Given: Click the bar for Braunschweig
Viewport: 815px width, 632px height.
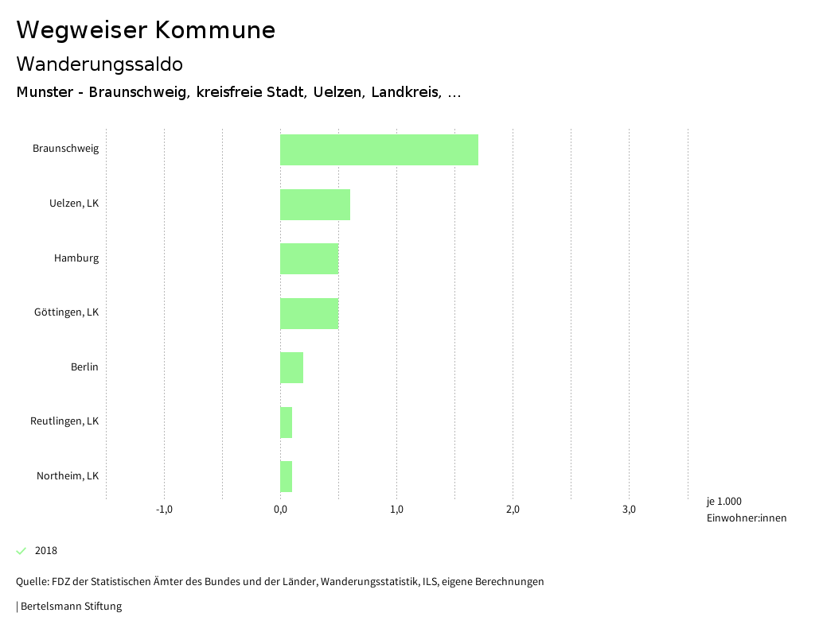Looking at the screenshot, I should point(379,149).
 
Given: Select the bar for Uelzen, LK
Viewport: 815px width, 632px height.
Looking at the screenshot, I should point(315,204).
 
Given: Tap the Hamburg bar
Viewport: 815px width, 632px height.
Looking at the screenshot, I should point(309,259).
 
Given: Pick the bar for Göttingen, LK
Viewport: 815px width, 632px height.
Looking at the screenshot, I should point(309,313).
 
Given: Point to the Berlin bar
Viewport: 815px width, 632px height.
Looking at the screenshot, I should point(291,367).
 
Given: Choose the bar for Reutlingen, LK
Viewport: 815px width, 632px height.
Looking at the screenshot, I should point(286,422).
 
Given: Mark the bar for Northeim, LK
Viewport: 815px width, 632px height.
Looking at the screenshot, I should point(286,476).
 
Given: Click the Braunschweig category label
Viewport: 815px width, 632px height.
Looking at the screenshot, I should point(65,149).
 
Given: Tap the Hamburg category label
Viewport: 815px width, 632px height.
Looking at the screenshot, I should point(76,258).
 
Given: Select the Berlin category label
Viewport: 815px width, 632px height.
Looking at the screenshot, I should point(84,367).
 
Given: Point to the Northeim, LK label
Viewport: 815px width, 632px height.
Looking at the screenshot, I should point(68,476).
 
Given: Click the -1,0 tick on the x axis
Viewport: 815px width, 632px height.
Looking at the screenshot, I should point(164,510).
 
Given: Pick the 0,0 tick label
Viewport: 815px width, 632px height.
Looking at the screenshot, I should point(280,510).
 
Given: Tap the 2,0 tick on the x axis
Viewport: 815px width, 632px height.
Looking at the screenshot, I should point(513,510).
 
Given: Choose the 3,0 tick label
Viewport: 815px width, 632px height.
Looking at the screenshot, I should point(629,510).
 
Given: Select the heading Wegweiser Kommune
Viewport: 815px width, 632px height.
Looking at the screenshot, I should point(146,30).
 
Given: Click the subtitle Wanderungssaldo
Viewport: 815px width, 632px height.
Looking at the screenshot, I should point(99,64).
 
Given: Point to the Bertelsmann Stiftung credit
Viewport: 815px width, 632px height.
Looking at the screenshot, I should point(69,607).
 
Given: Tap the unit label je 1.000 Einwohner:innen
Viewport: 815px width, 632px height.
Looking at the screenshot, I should point(746,510).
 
